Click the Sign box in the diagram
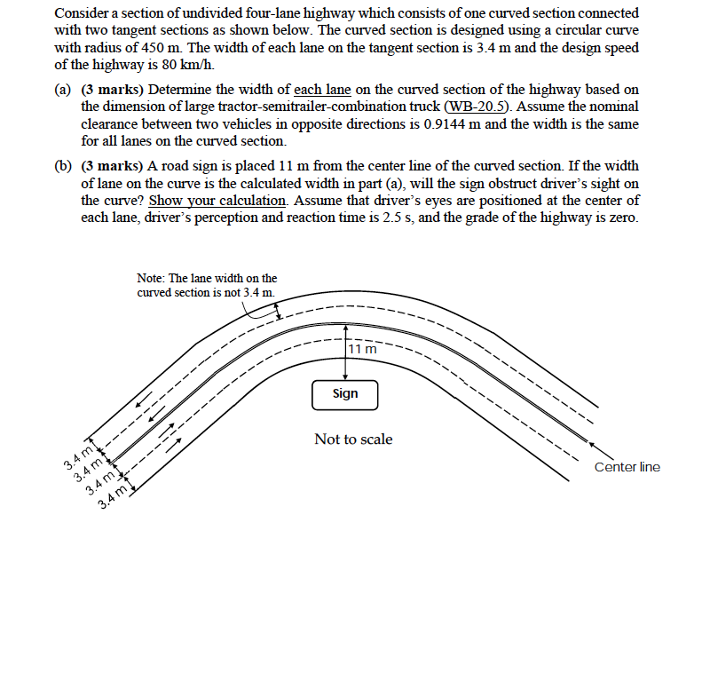click(x=344, y=394)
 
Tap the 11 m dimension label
click(x=363, y=349)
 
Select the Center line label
click(x=627, y=467)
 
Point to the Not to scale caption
click(x=353, y=439)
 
